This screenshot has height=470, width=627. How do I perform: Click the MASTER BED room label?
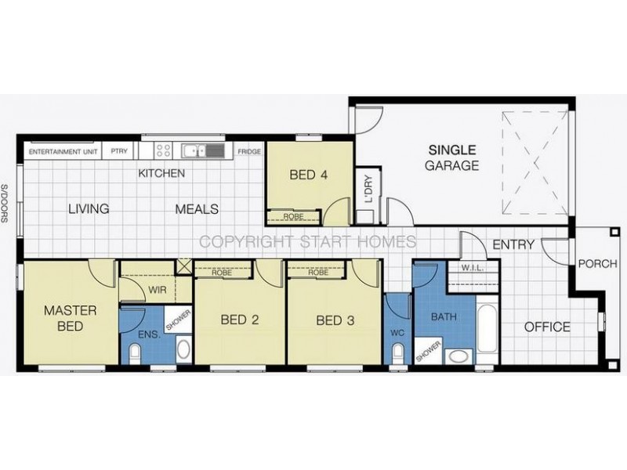tap(70, 319)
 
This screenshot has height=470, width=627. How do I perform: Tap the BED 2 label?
tap(239, 320)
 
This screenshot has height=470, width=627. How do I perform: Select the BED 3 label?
tap(335, 320)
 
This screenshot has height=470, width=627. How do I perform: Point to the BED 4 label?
tap(308, 175)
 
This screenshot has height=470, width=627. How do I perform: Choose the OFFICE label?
tap(546, 327)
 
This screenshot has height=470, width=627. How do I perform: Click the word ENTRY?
tap(513, 245)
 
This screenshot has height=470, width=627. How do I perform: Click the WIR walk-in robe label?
tap(158, 290)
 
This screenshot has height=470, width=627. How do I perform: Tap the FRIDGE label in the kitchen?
tap(249, 152)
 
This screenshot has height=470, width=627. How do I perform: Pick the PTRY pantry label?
tap(119, 152)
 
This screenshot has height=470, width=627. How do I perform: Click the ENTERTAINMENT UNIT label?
tap(63, 152)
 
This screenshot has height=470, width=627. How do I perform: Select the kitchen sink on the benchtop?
tap(193, 150)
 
